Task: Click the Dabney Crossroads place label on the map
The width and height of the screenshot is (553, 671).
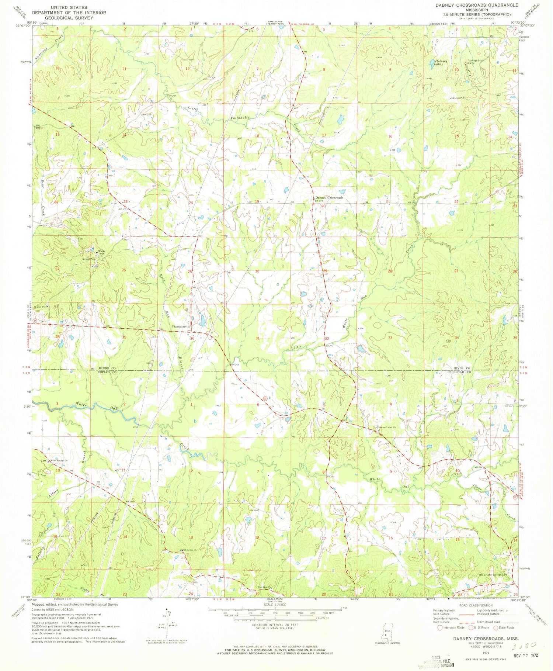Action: [329, 197]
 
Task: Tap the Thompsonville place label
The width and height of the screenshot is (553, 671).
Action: [181, 327]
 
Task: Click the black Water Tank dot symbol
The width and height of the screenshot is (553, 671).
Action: [97, 252]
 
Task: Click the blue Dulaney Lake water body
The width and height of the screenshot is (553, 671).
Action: [431, 66]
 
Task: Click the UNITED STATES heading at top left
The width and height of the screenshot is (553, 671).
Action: [69, 7]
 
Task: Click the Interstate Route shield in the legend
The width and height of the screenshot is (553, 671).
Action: [439, 627]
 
